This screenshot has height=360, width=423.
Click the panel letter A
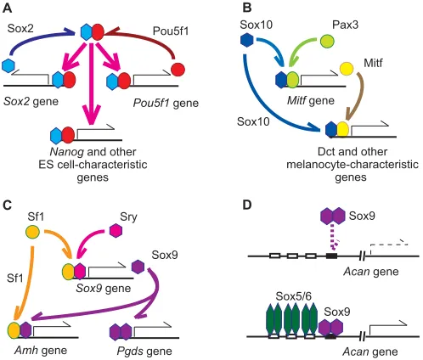7,8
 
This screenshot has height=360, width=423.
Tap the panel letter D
247,205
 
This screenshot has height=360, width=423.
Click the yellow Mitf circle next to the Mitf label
347,69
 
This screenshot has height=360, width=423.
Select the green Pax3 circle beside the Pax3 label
327,41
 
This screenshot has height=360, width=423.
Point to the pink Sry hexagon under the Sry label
116,230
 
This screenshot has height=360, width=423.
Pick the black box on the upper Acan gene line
331,256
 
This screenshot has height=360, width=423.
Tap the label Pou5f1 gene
166,104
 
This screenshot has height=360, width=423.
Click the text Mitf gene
311,101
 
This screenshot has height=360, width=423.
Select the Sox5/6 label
293,296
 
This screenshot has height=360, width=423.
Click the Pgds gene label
144,352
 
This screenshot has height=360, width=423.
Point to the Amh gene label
41,351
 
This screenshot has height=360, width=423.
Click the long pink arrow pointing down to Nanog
91,84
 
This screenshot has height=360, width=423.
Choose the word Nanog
67,152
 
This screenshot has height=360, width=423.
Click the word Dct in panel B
326,152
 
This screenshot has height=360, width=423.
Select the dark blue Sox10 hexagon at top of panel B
246,40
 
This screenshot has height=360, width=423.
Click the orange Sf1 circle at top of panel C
33,232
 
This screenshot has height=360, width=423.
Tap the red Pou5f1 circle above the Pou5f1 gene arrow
178,70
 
